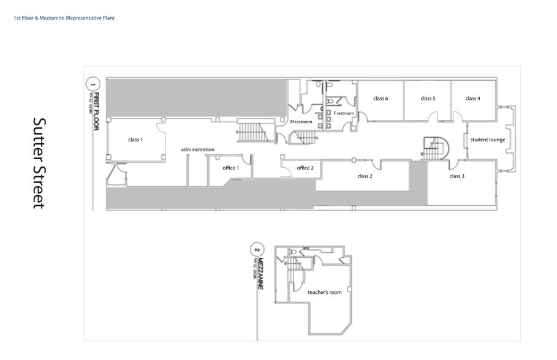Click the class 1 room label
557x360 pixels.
tap(135, 140)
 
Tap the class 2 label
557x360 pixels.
tap(365, 176)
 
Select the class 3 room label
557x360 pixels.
tap(457, 176)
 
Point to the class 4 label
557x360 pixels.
tap(472, 99)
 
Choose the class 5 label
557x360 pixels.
tap(428, 99)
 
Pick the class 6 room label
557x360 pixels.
tap(381, 99)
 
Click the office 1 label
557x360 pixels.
tap(230, 168)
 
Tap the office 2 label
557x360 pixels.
tap(305, 168)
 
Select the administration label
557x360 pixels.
tap(197, 149)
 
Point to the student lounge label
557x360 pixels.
tap(488, 140)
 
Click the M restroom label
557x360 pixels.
tap(301, 122)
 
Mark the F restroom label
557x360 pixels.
tap(344, 113)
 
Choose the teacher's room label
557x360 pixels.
tap(325, 293)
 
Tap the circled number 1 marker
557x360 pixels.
tap(93, 83)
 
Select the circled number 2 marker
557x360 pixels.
tap(257, 250)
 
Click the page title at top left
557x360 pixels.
tap(64, 18)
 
